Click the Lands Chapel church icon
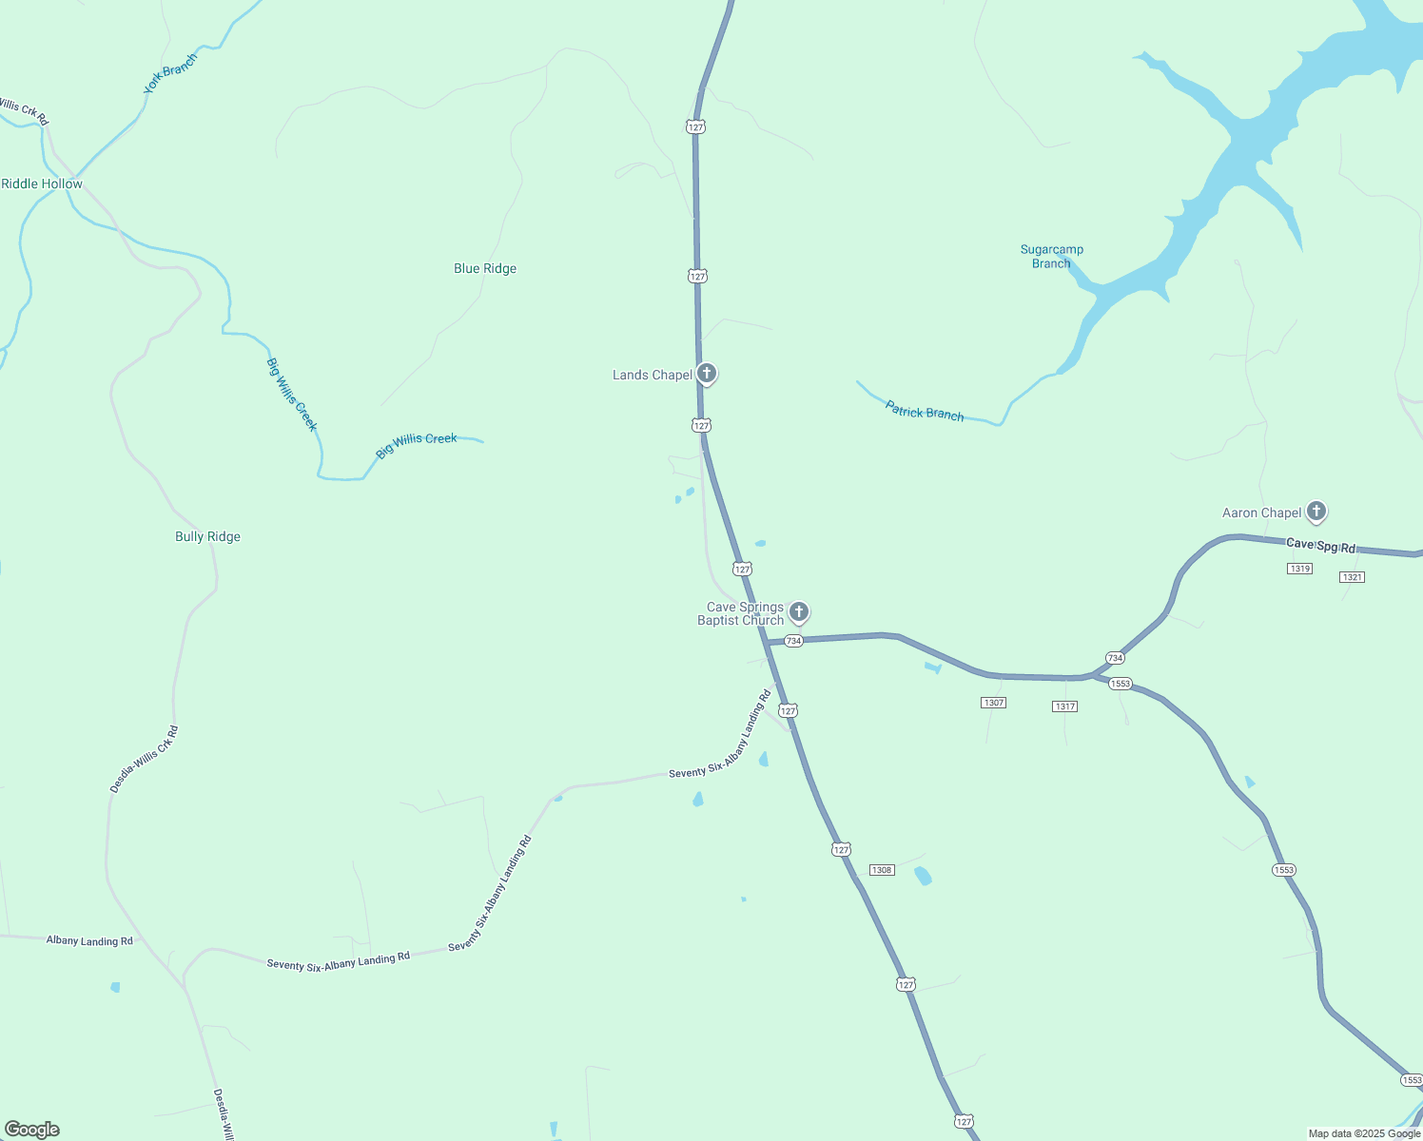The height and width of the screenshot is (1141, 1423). [x=706, y=373]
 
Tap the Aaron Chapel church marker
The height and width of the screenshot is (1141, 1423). [x=1316, y=512]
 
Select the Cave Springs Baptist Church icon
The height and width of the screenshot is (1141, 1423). [x=799, y=611]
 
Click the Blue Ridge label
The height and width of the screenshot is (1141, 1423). [x=485, y=269]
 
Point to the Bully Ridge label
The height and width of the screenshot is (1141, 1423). [x=207, y=537]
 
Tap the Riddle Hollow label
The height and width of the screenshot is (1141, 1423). [x=42, y=184]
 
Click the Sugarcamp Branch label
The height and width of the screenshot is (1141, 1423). [x=1051, y=257]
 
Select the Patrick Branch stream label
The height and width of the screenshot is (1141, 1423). [x=925, y=412]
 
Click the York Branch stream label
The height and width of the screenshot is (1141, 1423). [x=170, y=73]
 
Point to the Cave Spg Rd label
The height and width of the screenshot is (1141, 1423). [x=1320, y=546]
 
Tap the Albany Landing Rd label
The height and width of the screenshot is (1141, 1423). [x=89, y=941]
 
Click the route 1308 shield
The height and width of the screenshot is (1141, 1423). [x=882, y=870]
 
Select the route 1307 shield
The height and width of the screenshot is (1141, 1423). [x=993, y=703]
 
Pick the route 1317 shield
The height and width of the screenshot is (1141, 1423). [x=1064, y=706]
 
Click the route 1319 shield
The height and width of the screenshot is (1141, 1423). [x=1299, y=569]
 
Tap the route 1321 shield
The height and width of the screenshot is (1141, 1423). [x=1352, y=577]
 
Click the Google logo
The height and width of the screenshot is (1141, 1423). [x=32, y=1130]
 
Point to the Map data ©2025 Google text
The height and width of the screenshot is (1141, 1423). [x=1364, y=1133]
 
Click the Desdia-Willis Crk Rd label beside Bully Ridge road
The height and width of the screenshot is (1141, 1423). [x=145, y=760]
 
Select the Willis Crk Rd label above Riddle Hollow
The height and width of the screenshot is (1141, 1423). [x=23, y=110]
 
